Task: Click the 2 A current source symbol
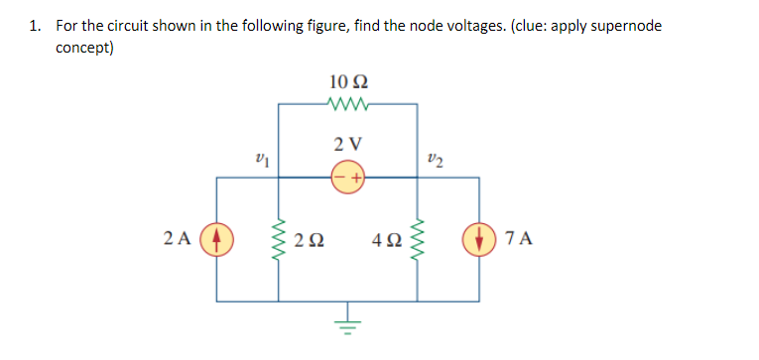pyautogui.click(x=218, y=239)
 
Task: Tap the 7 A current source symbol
pyautogui.click(x=480, y=239)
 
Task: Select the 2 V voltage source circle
pyautogui.click(x=347, y=178)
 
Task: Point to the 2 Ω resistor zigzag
pyautogui.click(x=278, y=239)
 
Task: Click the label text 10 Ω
pyautogui.click(x=347, y=79)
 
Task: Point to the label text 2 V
pyautogui.click(x=347, y=144)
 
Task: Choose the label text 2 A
pyautogui.click(x=177, y=239)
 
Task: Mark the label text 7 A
pyautogui.click(x=519, y=239)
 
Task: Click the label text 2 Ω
pyautogui.click(x=315, y=239)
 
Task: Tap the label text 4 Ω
pyautogui.click(x=382, y=239)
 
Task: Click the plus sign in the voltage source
pyautogui.click(x=355, y=178)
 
